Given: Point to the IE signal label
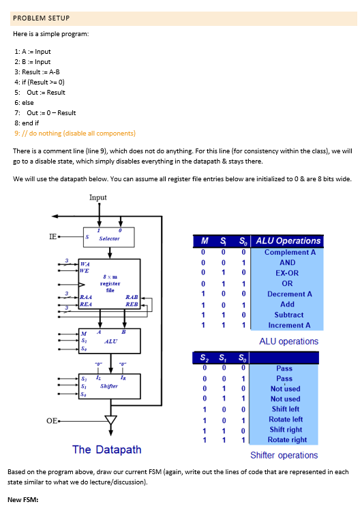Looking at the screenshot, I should [x=52, y=236].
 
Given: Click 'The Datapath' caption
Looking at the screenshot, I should [x=107, y=449].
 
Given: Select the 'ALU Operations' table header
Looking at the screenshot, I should [x=288, y=240].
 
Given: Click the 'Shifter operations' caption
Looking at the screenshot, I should [x=284, y=455].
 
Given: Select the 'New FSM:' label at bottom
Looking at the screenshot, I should [x=26, y=500].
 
